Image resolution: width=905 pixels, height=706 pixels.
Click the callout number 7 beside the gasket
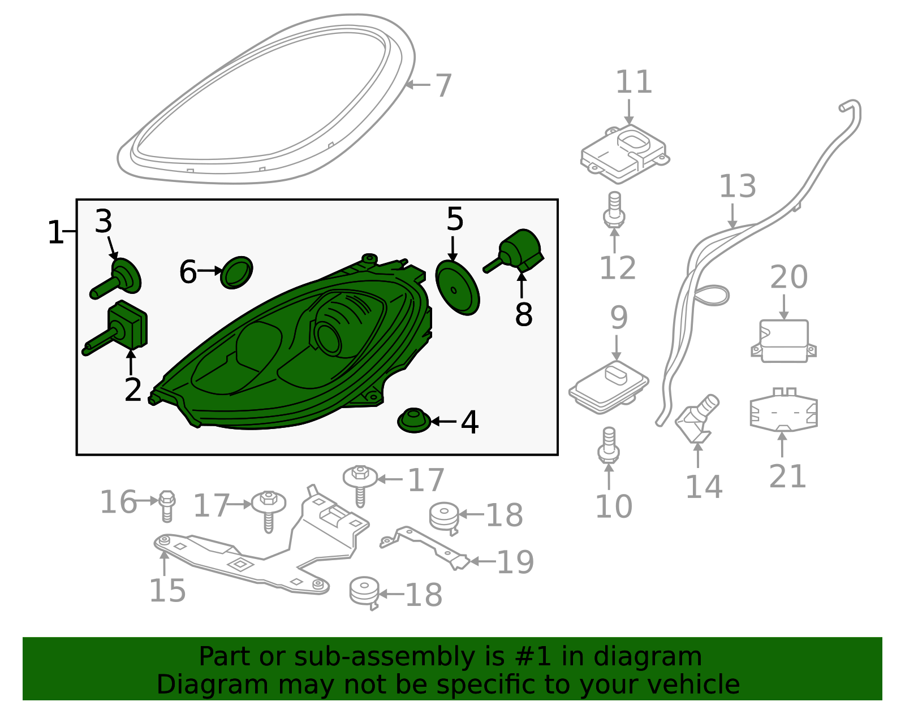(x=443, y=86)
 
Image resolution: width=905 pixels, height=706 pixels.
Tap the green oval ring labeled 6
(x=236, y=272)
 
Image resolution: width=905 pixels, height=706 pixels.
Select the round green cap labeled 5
(x=457, y=288)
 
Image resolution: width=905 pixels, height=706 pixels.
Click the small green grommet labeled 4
(x=414, y=421)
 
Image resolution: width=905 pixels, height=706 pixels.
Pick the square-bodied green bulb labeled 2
(x=130, y=324)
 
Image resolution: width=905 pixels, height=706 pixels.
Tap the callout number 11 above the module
(x=633, y=83)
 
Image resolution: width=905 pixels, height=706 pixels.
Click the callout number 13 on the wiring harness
(x=737, y=187)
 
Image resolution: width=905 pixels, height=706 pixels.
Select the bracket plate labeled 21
(x=783, y=410)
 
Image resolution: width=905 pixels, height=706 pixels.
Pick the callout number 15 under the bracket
(x=167, y=591)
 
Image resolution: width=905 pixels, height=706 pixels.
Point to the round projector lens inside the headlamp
(x=328, y=337)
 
